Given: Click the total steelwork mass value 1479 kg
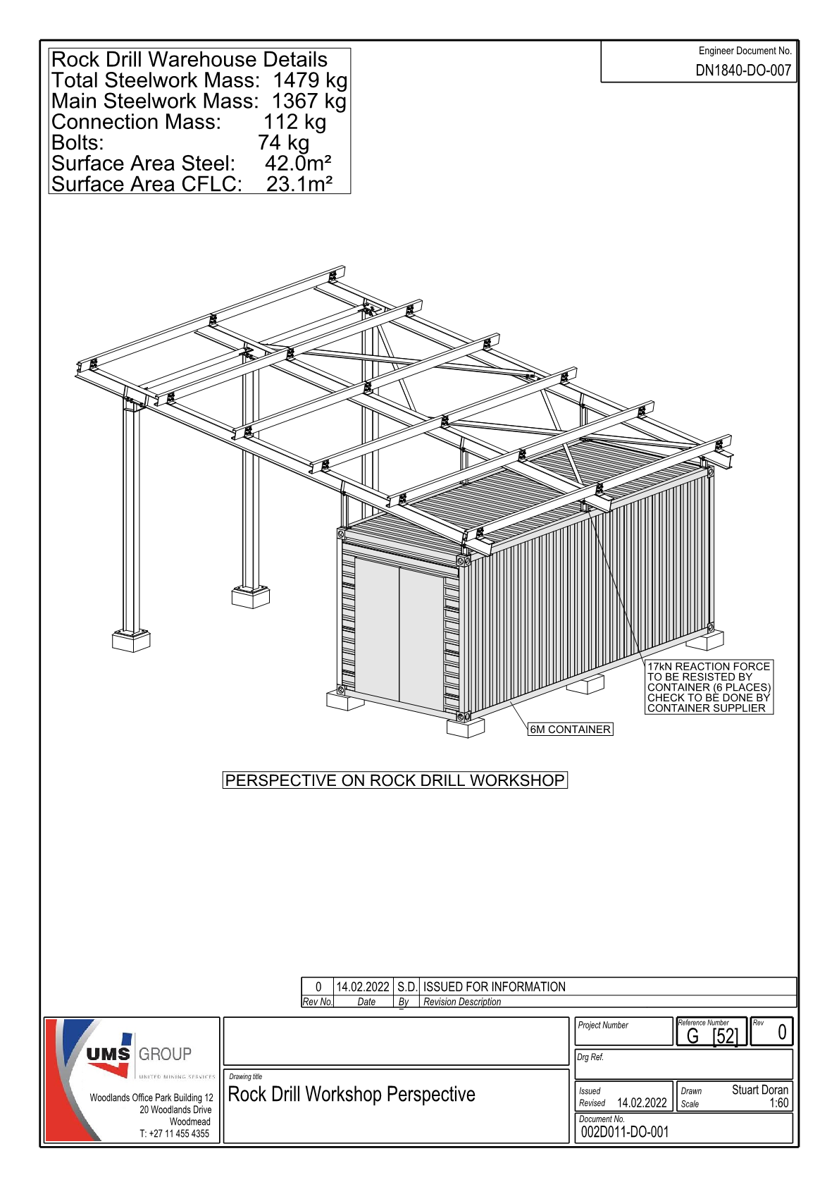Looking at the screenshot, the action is click(x=310, y=80).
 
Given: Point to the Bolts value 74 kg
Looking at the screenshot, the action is click(x=283, y=142).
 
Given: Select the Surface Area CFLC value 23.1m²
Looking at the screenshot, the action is click(x=299, y=184).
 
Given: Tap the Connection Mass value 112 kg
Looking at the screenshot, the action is click(x=295, y=122).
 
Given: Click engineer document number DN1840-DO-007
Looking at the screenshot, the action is click(x=743, y=70).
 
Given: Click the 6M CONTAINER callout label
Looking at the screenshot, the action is click(x=571, y=729).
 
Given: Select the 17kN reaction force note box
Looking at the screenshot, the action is click(x=709, y=687).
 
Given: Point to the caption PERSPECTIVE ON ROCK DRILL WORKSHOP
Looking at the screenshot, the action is click(x=394, y=780).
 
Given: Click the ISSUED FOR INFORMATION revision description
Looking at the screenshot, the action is click(x=495, y=987).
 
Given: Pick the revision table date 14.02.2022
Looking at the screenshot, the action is click(x=363, y=987).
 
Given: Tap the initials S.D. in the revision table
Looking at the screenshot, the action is click(x=407, y=987).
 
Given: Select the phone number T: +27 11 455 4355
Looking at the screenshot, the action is click(x=174, y=1133).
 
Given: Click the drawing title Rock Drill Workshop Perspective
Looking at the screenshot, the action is click(x=352, y=1094).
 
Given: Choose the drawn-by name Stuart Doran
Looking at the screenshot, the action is click(x=760, y=1090).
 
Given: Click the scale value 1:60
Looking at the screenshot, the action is click(x=778, y=1103).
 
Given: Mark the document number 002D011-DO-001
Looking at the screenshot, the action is click(x=625, y=1132).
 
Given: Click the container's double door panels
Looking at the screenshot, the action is click(x=399, y=634).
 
